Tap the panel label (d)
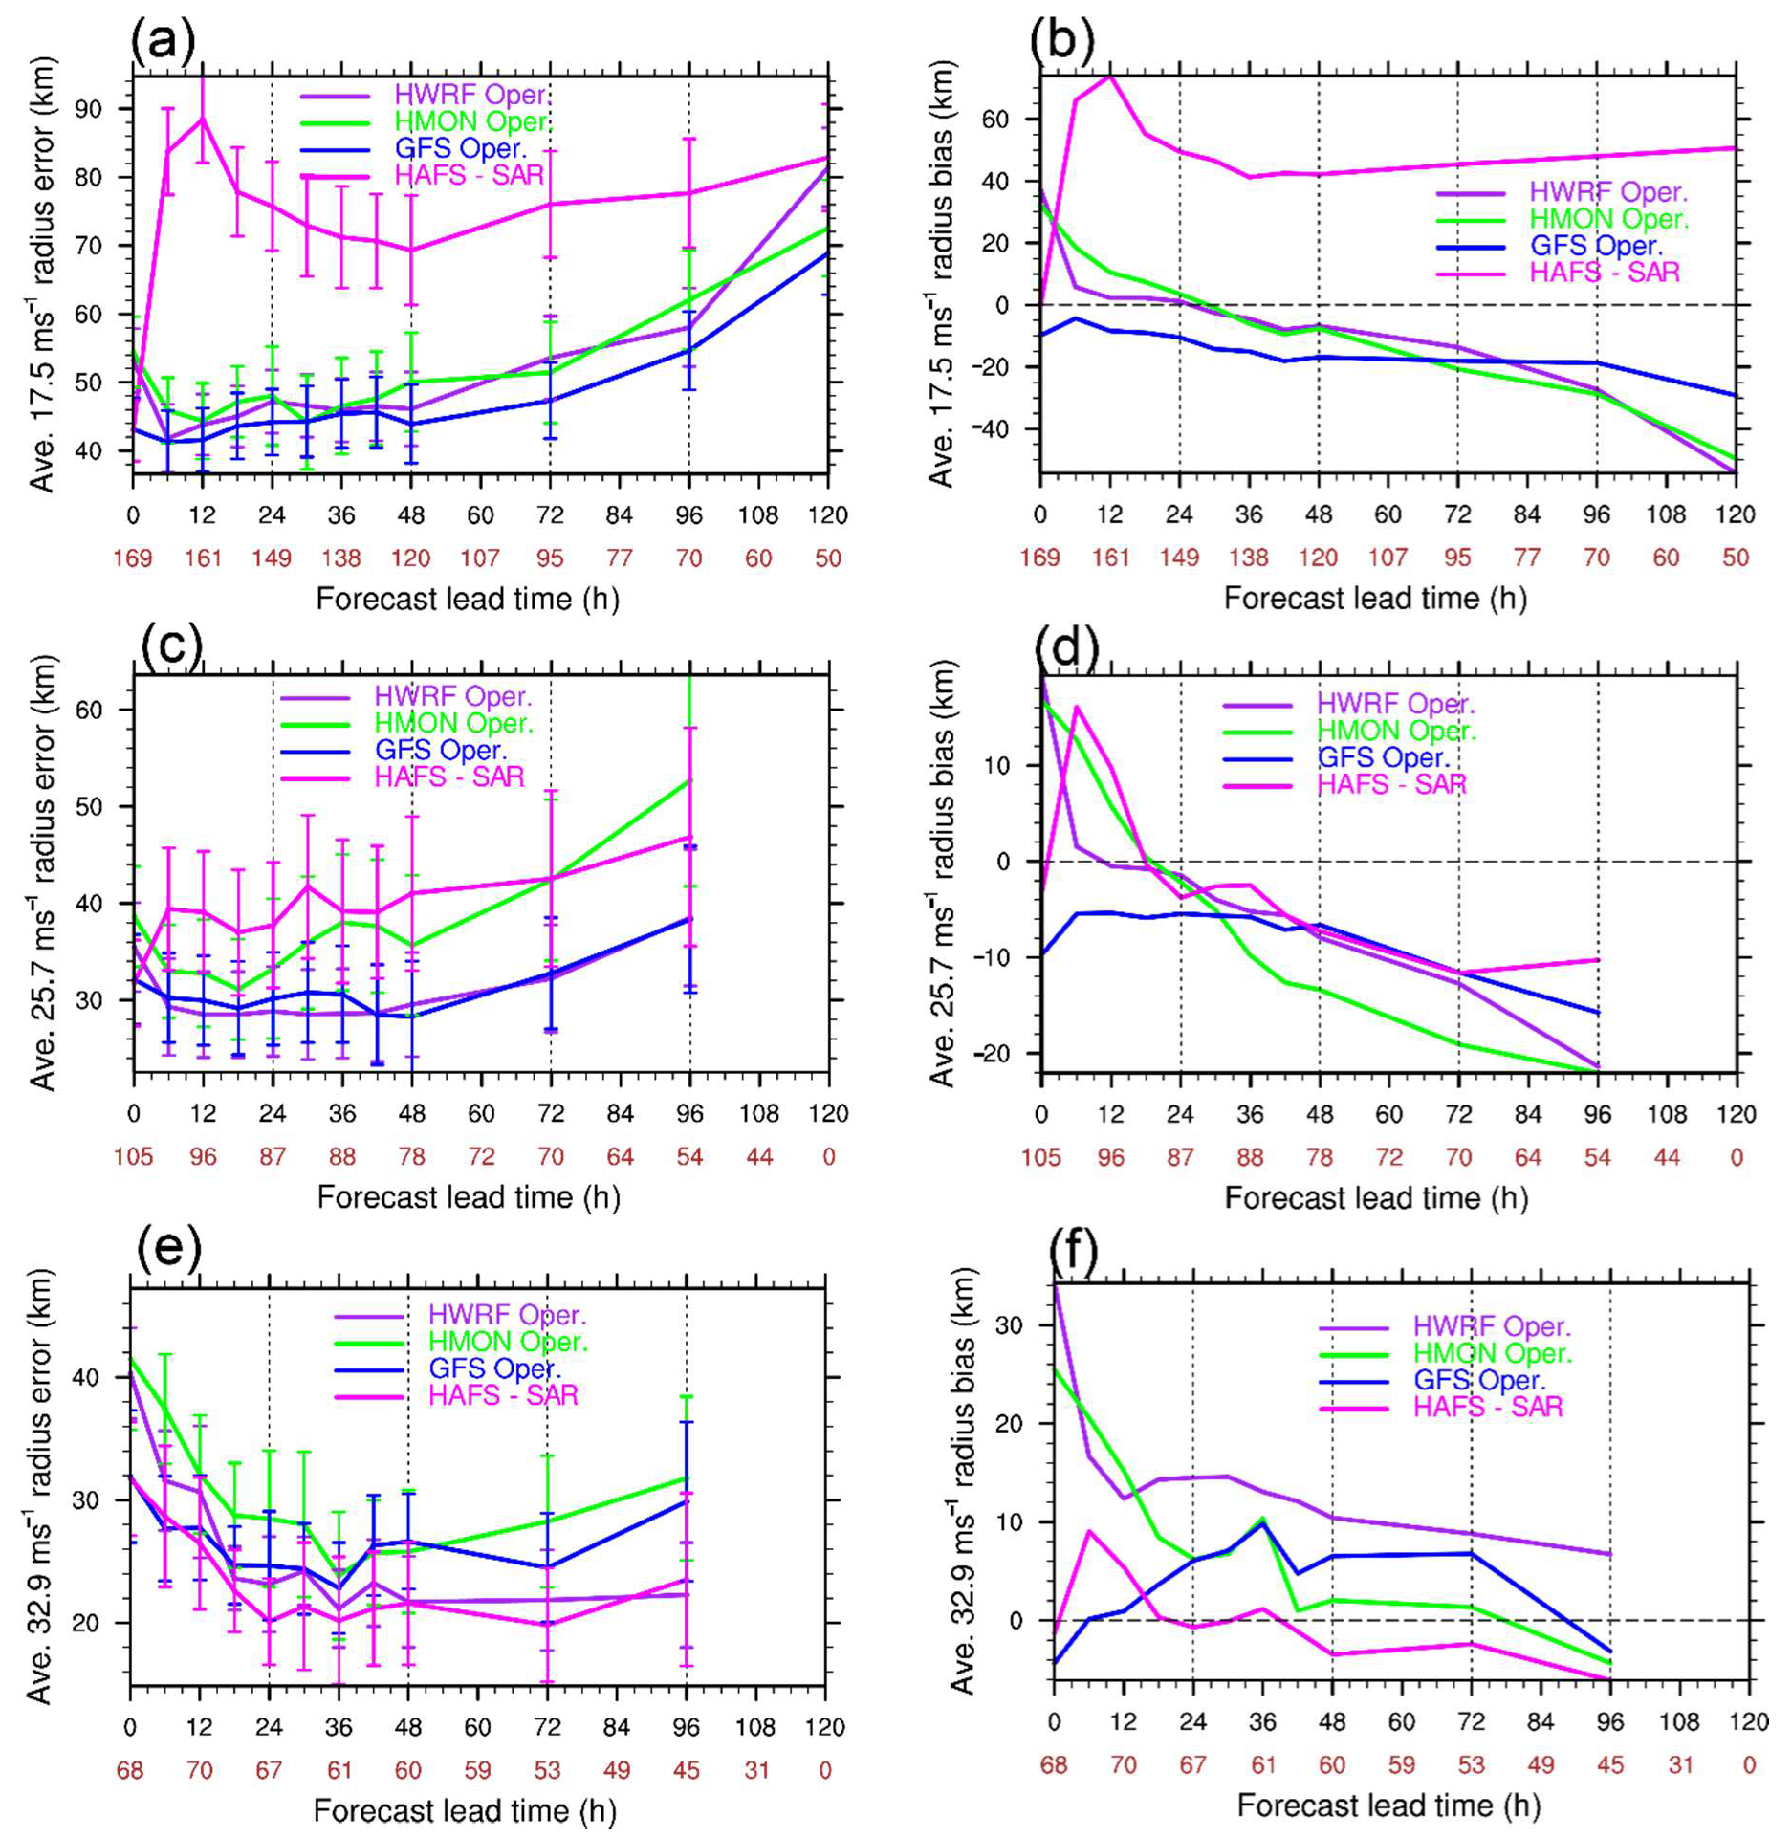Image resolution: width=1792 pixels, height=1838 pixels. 1067,648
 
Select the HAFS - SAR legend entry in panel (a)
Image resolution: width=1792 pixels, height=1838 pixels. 469,176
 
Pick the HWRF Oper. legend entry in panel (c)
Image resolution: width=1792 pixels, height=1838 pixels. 452,696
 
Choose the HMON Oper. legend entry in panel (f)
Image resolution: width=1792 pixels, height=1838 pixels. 1492,1353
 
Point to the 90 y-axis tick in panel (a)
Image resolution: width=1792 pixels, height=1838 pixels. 88,109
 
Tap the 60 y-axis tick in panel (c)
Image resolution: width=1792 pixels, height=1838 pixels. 89,710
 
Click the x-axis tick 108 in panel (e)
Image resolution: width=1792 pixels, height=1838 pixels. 755,1727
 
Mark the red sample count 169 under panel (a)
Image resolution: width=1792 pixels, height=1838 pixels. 132,558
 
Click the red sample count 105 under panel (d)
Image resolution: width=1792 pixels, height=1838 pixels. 1040,1158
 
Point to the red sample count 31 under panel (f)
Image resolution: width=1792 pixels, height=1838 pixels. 1680,1765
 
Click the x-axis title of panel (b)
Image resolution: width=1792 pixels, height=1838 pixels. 1375,599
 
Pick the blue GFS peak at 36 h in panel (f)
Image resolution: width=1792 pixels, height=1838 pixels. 1262,1521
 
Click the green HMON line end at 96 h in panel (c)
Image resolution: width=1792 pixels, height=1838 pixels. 689,780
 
